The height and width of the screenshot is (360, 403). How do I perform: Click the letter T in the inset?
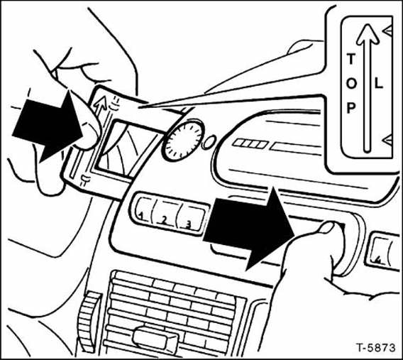coord(349,58)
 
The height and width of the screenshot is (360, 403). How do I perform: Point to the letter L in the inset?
coord(379,83)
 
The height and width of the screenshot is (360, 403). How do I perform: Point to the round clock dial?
coord(182,139)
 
